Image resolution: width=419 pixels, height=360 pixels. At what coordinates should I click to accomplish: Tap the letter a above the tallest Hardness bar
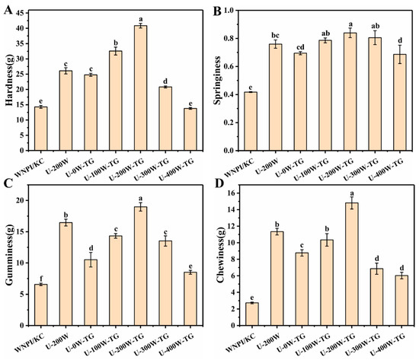140,19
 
